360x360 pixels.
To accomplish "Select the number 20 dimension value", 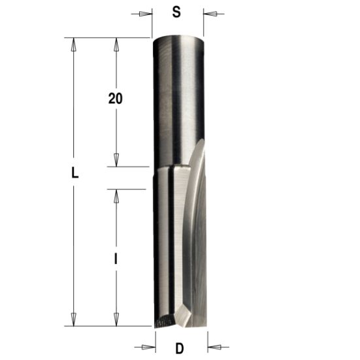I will pyautogui.click(x=116, y=99).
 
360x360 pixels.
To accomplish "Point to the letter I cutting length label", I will pyautogui.click(x=116, y=259).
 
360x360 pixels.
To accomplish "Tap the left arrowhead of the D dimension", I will pyautogui.click(x=150, y=346).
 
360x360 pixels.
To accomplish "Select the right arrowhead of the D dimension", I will pyautogui.click(x=213, y=346).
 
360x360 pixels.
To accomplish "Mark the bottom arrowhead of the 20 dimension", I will pyautogui.click(x=116, y=161).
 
